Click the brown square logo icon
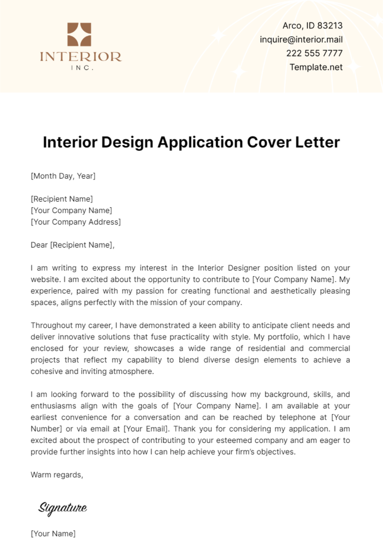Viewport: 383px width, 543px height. pyautogui.click(x=79, y=34)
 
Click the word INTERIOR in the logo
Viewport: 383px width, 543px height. pyautogui.click(x=80, y=57)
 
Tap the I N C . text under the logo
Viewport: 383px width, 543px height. pyautogui.click(x=82, y=68)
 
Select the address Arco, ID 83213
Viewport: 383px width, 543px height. pyautogui.click(x=312, y=26)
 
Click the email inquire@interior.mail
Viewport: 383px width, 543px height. pyautogui.click(x=301, y=40)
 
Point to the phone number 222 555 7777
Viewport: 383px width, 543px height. pyautogui.click(x=314, y=53)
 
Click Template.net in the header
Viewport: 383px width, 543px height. pyautogui.click(x=316, y=67)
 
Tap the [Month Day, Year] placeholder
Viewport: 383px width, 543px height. pyautogui.click(x=63, y=176)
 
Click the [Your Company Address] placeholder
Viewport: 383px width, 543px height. pyautogui.click(x=76, y=222)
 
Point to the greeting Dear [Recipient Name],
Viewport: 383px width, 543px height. pyautogui.click(x=72, y=245)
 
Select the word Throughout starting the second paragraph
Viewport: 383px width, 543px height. pyautogui.click(x=51, y=325)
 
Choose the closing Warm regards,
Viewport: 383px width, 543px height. pyautogui.click(x=57, y=475)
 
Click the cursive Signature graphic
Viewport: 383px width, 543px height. pyautogui.click(x=63, y=508)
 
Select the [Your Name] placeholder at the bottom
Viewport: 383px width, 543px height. pyautogui.click(x=53, y=533)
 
